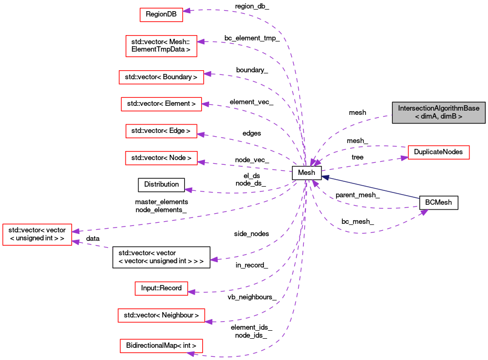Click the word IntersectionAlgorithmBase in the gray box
[x=439, y=108]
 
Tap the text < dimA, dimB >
[x=439, y=116]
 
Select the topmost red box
[x=161, y=15]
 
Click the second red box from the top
[x=161, y=46]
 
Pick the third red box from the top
[x=161, y=77]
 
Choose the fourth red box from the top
[x=161, y=104]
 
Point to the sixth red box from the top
[x=161, y=158]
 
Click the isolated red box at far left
[x=37, y=235]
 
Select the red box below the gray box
[x=439, y=152]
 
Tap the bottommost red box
[x=161, y=346]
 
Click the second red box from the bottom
[x=161, y=315]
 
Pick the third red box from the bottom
[x=161, y=288]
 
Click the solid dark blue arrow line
[x=373, y=188]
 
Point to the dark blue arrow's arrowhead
[x=325, y=178]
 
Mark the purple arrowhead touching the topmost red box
[x=187, y=11]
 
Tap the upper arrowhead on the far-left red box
[x=76, y=231]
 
